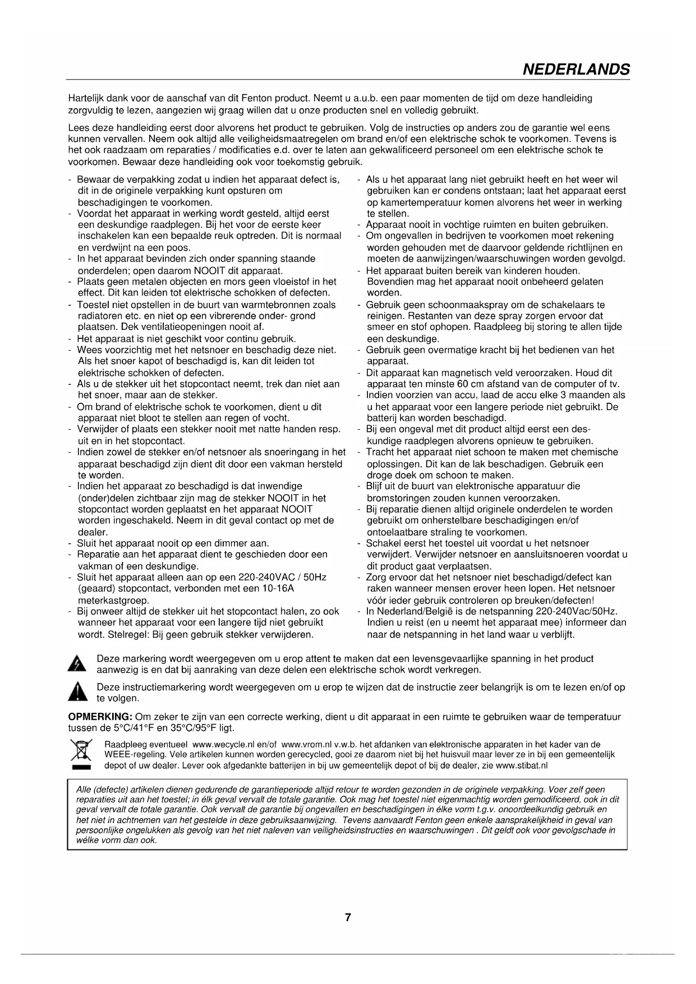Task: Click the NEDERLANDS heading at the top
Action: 575,70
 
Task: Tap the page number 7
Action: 348,918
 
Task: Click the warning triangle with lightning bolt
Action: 76,665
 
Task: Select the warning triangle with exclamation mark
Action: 75,693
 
